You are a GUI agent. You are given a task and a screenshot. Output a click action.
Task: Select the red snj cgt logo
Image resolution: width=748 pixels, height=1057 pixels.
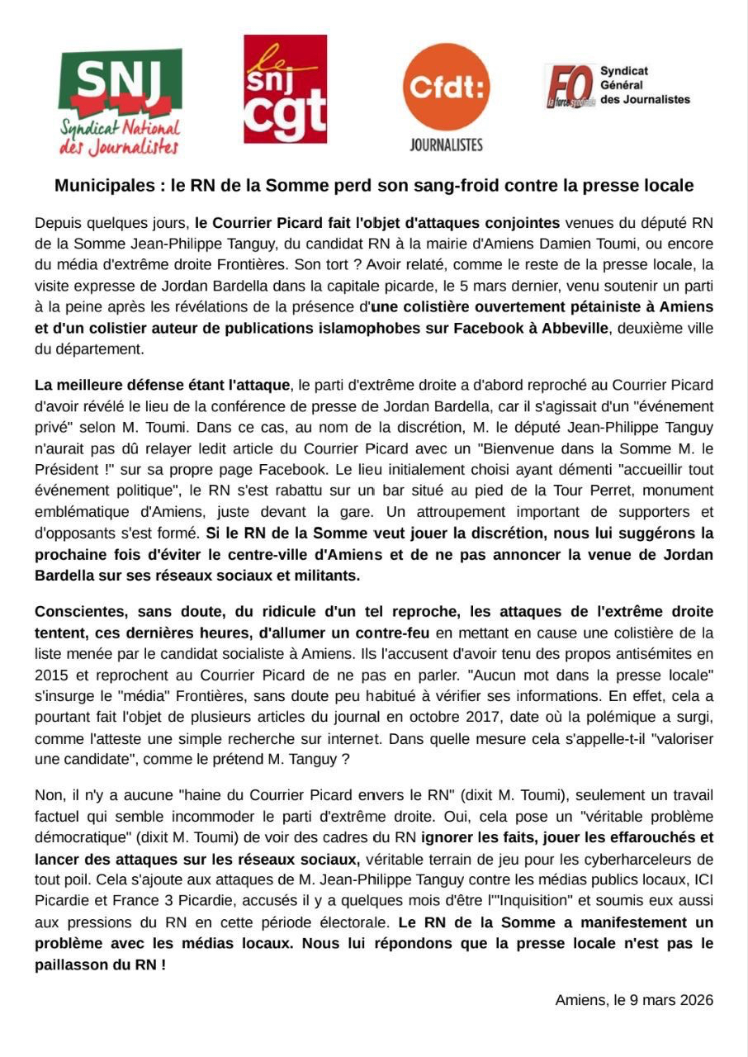click(285, 89)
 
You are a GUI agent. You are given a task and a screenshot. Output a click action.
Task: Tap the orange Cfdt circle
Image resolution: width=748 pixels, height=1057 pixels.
click(446, 87)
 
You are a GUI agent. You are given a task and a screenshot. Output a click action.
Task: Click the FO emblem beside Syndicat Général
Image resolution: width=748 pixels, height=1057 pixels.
click(570, 87)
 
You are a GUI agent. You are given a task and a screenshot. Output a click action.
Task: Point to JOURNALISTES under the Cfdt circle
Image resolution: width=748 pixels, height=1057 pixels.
click(446, 145)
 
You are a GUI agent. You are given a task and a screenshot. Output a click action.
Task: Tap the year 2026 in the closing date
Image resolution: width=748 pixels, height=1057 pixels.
click(695, 1000)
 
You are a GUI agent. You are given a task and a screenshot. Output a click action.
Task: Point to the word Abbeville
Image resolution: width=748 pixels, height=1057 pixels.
click(575, 328)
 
